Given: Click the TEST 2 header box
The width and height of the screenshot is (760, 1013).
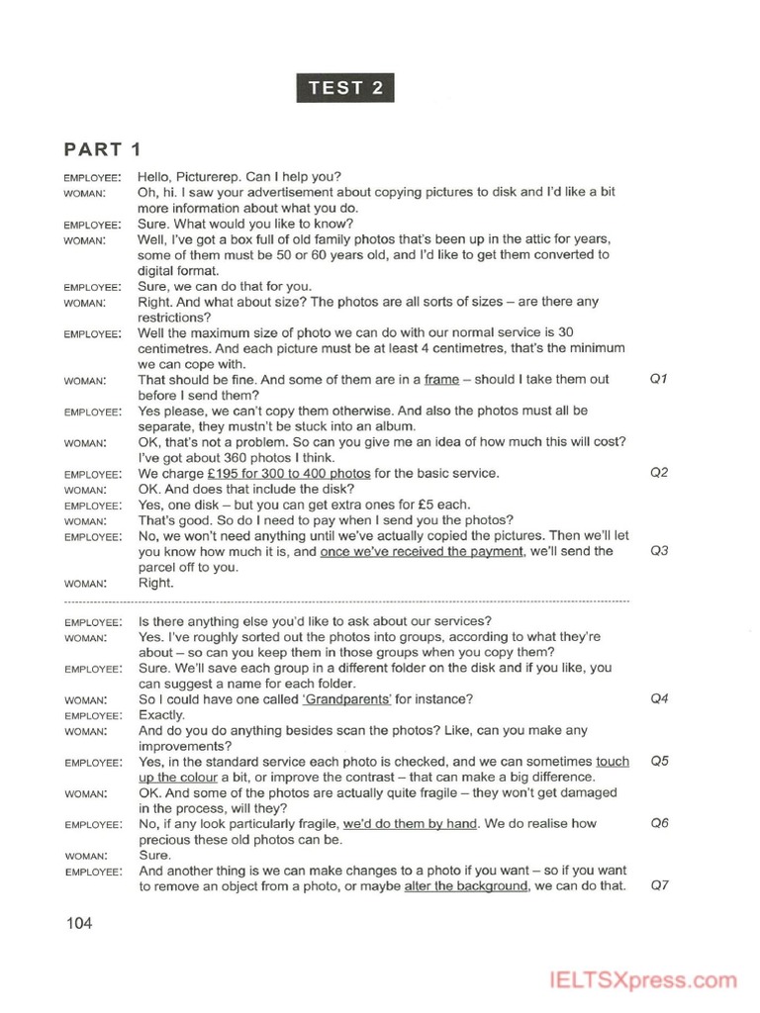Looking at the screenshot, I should pyautogui.click(x=345, y=87).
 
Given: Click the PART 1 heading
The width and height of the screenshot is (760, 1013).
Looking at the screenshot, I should pyautogui.click(x=103, y=149).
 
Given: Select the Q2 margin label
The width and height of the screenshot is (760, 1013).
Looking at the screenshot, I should pyautogui.click(x=659, y=473).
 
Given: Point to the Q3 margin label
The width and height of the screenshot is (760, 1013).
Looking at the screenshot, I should pyautogui.click(x=659, y=551).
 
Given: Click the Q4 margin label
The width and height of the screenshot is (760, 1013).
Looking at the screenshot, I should pyautogui.click(x=659, y=699).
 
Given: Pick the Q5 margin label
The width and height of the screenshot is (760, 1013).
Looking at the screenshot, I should pyautogui.click(x=659, y=762).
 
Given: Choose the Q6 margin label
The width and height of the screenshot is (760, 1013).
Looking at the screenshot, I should pyautogui.click(x=659, y=823).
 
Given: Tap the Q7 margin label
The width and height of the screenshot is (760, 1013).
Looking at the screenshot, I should pyautogui.click(x=659, y=885).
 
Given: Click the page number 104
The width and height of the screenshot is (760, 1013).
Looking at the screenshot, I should pyautogui.click(x=79, y=924).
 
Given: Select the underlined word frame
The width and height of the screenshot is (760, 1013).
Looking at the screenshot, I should pyautogui.click(x=441, y=380).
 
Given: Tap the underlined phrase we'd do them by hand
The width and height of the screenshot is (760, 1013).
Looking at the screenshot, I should pyautogui.click(x=410, y=824).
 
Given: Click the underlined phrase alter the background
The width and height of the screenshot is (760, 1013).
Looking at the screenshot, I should pyautogui.click(x=465, y=886).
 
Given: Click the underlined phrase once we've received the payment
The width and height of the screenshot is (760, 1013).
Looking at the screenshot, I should pyautogui.click(x=422, y=552).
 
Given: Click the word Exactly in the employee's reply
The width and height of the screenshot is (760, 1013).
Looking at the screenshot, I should pyautogui.click(x=161, y=715).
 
